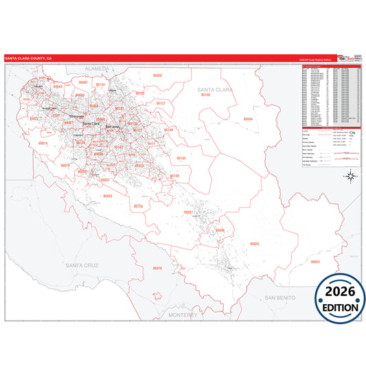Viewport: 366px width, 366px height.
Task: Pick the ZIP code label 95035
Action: pyautogui.click(x=157, y=75)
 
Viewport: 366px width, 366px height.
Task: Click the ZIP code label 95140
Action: pyautogui.click(x=205, y=95)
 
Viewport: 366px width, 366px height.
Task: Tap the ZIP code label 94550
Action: pyautogui.click(x=248, y=119)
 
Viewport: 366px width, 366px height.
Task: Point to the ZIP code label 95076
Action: pyautogui.click(x=157, y=268)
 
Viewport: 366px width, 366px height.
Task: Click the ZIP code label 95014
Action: pyautogui.click(x=43, y=143)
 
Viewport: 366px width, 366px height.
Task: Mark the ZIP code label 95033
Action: pyautogui.click(x=108, y=196)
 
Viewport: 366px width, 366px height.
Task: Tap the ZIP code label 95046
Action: pyautogui.click(x=220, y=230)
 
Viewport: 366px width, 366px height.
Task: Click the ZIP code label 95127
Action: pyautogui.click(x=161, y=103)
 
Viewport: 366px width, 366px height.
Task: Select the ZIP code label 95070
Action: pyautogui.click(x=65, y=165)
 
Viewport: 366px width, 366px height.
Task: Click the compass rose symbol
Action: pyautogui.click(x=350, y=176)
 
